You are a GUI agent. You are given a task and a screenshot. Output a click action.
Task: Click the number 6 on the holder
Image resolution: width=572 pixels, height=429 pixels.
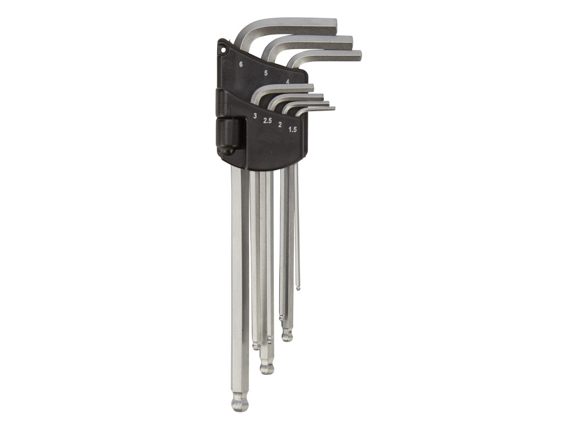[x=241, y=65]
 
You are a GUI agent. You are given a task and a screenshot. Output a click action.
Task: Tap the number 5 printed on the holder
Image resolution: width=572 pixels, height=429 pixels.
[x=265, y=73]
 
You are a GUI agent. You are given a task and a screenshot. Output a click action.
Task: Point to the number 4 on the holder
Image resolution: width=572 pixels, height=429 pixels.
[x=288, y=82]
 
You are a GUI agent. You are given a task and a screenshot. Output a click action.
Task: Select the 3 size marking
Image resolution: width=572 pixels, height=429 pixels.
[x=255, y=116]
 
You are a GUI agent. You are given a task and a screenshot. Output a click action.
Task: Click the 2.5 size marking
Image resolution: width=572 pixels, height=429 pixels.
[x=268, y=121]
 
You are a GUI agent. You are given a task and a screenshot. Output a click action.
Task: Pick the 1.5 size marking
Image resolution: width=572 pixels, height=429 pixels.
[x=293, y=129]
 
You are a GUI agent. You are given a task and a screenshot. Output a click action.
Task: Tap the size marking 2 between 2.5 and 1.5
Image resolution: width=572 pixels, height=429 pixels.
[x=280, y=125]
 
